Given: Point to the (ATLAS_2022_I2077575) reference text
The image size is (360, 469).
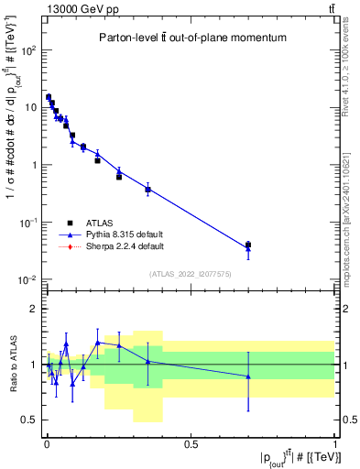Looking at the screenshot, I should click(x=189, y=274).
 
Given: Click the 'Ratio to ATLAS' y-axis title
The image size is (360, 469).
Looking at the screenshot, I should click(x=11, y=365).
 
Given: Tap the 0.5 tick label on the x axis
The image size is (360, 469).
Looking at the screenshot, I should click(x=191, y=444).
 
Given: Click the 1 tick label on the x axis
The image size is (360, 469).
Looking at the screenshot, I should click(x=335, y=444).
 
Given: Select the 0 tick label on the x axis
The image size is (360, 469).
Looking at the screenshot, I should click(x=47, y=444).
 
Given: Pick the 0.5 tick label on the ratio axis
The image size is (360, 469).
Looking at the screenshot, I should click(x=31, y=420).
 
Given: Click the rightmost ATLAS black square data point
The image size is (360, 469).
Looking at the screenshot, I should click(x=248, y=245).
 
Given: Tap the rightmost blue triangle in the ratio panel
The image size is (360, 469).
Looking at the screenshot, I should click(x=248, y=376).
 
